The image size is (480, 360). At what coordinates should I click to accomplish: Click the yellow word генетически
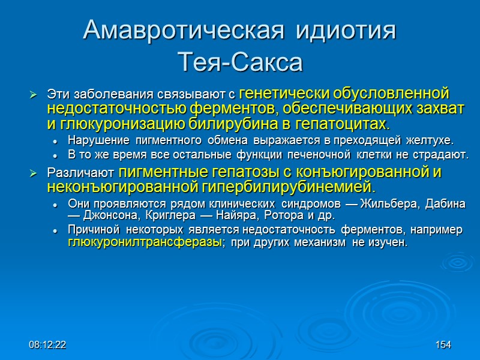[276, 94]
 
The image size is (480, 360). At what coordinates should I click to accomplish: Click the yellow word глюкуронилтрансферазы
[142, 243]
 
